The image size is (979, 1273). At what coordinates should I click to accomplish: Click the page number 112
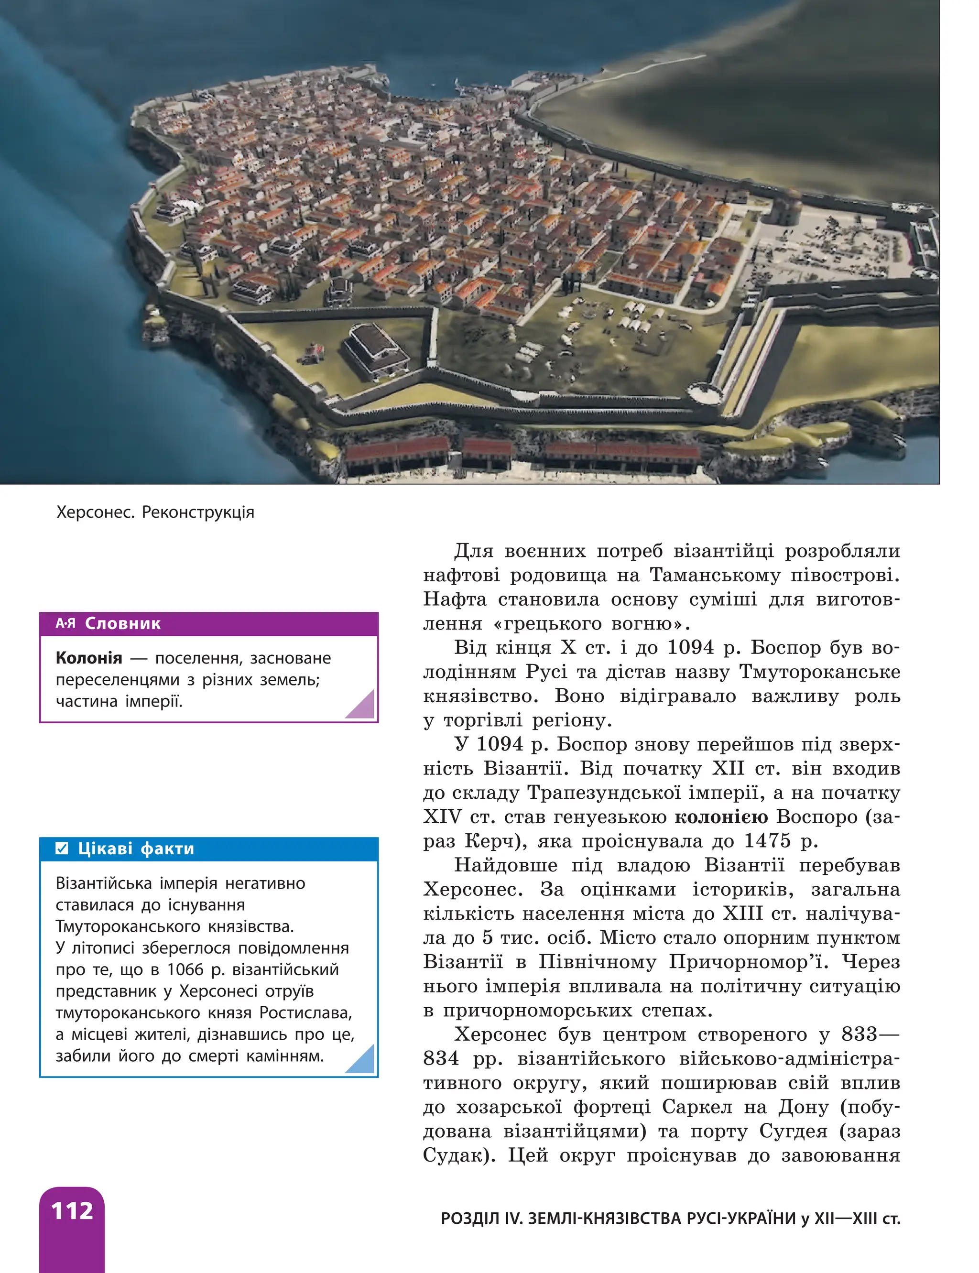72,1211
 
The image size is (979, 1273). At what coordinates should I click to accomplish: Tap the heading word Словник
122,623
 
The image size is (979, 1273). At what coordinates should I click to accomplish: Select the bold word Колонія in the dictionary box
88,658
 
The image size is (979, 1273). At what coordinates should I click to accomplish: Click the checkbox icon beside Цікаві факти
62,849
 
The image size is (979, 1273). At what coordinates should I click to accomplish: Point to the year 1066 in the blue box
185,969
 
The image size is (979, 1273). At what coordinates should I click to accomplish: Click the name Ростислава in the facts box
305,1012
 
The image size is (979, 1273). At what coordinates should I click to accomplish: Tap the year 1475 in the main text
767,841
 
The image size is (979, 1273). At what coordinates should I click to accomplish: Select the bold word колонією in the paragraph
721,817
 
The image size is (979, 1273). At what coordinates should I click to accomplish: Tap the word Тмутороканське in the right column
819,672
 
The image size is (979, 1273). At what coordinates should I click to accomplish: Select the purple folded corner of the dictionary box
361,706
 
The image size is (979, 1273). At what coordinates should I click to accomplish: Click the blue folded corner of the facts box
361,1060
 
